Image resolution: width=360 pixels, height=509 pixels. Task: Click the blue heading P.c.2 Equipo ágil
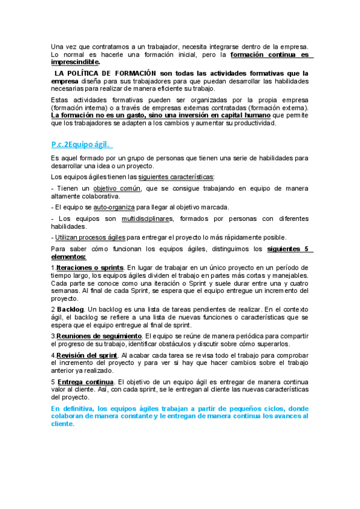click(82, 144)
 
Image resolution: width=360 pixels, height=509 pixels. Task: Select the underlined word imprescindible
click(76, 62)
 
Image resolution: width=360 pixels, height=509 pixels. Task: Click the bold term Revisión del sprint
click(91, 355)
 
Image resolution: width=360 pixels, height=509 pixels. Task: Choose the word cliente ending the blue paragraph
click(62, 423)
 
